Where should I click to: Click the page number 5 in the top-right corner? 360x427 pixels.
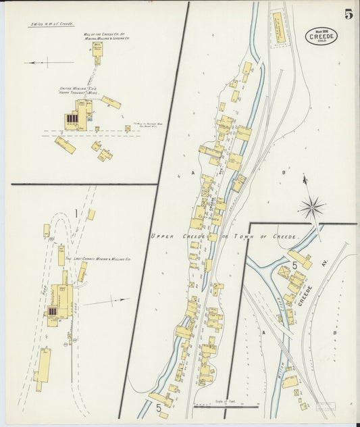347,14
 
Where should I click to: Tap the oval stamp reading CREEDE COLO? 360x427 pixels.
322,36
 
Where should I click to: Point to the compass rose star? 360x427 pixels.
311,207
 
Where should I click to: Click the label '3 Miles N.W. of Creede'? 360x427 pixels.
51,24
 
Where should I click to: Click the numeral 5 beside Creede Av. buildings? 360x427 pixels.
295,266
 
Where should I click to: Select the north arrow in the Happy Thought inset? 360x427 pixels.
40,63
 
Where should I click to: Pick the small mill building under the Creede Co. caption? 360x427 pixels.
97,59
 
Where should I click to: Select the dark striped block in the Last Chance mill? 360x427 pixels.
53,311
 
